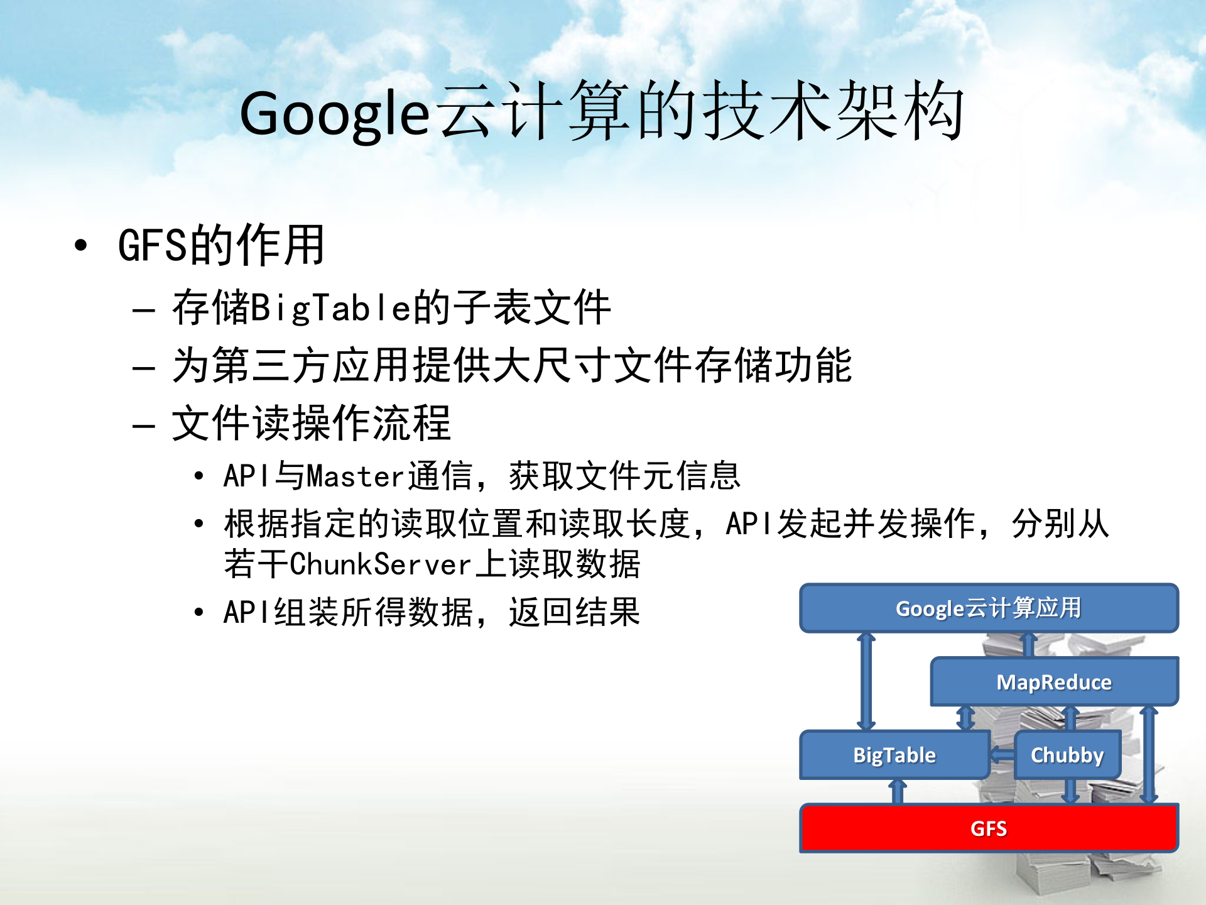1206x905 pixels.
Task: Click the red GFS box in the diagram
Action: (x=988, y=828)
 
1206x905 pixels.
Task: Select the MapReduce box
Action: (x=1053, y=682)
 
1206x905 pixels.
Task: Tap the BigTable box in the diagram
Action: (x=894, y=755)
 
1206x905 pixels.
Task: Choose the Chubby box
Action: (x=1067, y=755)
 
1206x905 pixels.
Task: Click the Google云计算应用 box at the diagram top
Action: (x=988, y=608)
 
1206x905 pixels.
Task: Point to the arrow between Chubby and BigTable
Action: (x=1002, y=755)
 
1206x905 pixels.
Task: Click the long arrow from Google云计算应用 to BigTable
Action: (x=866, y=681)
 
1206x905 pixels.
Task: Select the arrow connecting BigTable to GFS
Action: (x=898, y=792)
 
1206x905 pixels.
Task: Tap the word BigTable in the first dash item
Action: (x=331, y=308)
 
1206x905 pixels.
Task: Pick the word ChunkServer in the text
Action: (x=380, y=564)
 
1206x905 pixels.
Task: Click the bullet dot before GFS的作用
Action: (x=80, y=245)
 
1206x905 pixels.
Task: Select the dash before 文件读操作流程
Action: (x=144, y=425)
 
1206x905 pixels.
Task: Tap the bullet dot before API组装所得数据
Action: (x=199, y=612)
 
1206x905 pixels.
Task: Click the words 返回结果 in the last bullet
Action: (x=574, y=612)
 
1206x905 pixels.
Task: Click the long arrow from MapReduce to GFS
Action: (x=1149, y=755)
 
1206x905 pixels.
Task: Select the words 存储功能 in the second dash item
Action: (x=773, y=365)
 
